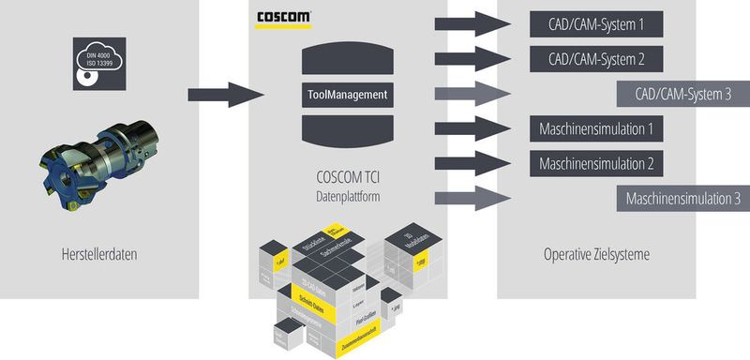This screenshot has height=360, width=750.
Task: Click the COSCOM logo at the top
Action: point(283,19)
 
